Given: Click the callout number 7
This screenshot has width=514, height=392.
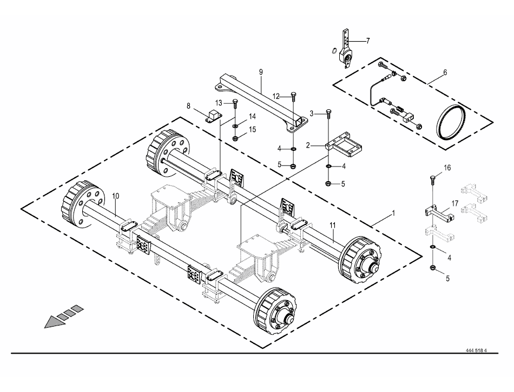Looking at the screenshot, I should click(367, 41).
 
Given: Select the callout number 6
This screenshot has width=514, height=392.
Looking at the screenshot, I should click(445, 71).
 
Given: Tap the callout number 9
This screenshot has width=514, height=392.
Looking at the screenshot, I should click(260, 72).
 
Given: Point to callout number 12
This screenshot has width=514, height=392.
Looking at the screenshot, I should click(275, 96).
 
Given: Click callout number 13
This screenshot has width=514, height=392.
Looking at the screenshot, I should click(219, 103).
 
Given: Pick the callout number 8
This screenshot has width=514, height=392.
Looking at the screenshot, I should click(188, 107).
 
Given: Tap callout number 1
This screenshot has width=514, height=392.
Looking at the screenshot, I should click(393, 213).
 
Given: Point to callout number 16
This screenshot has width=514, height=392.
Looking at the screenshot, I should click(447, 168).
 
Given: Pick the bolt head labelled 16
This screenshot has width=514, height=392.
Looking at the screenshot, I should click(433, 178).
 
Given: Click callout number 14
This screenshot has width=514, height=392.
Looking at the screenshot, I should click(252, 117).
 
